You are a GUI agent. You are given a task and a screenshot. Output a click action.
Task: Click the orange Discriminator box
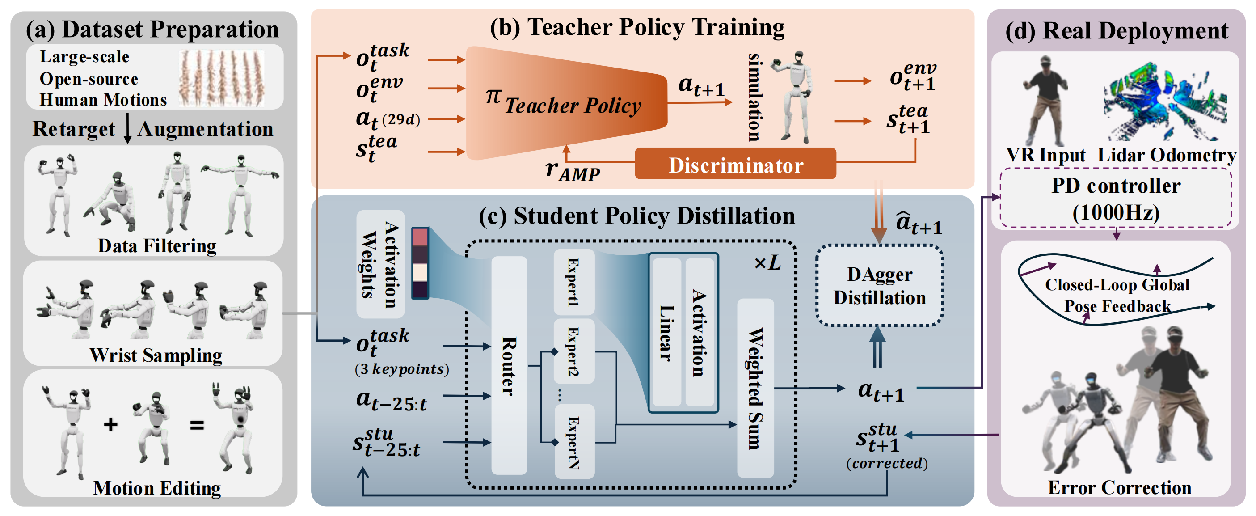[735, 165]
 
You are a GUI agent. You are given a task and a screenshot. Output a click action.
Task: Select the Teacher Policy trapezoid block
[565, 103]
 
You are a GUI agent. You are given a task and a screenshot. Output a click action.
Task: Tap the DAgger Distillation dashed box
[879, 286]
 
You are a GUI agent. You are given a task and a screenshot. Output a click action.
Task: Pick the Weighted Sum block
[755, 388]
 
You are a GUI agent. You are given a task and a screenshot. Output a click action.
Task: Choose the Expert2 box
[573, 351]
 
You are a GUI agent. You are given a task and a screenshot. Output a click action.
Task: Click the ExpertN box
[573, 441]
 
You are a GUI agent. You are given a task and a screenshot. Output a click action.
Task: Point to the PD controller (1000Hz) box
[1116, 199]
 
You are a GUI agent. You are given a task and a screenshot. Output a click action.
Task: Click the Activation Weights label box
[380, 264]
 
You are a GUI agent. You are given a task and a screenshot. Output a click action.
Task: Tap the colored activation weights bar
[420, 263]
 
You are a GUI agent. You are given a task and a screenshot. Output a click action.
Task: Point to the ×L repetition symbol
[767, 263]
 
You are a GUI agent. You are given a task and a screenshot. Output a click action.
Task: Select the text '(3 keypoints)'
[402, 369]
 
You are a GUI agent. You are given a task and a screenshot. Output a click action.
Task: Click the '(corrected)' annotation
[886, 463]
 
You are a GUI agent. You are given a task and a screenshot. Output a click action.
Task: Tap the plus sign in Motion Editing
[111, 424]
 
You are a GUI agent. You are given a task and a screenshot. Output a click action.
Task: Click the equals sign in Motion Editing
[197, 425]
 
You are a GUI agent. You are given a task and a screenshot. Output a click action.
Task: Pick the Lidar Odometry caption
[1166, 155]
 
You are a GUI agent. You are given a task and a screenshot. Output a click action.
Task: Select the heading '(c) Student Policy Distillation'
[636, 216]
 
